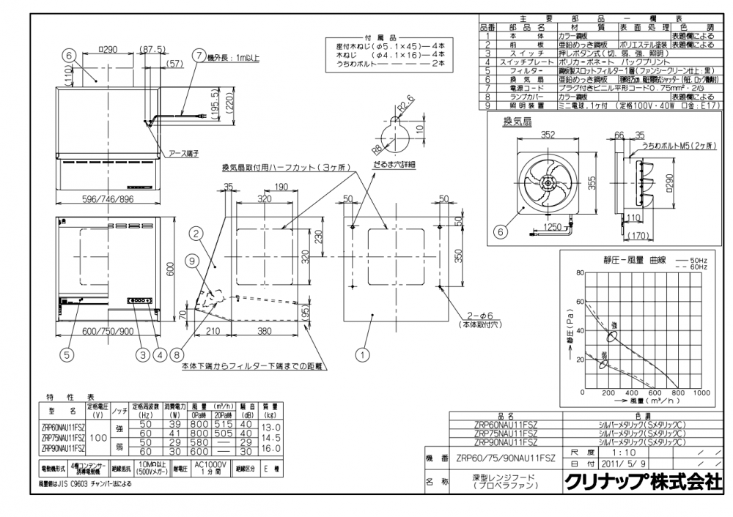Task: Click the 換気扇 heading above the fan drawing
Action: click(x=517, y=120)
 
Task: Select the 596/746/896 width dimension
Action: click(x=107, y=198)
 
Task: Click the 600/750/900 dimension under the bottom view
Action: click(x=107, y=331)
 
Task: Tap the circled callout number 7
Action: click(x=199, y=55)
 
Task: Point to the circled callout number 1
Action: click(x=360, y=355)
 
